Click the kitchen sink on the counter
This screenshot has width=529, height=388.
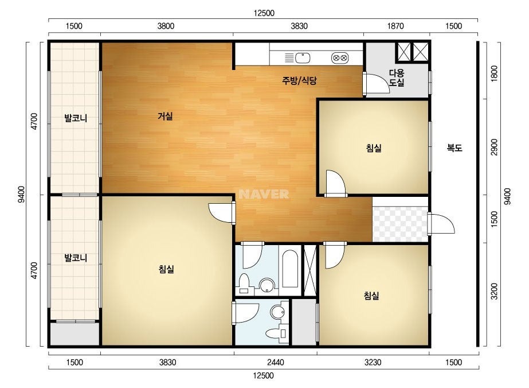click(303, 58)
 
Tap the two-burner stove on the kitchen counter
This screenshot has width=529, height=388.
click(340, 58)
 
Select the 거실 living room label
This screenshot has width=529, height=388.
click(165, 117)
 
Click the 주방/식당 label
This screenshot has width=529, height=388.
click(299, 80)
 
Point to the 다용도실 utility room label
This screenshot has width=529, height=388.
click(397, 77)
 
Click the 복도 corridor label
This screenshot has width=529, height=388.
click(454, 148)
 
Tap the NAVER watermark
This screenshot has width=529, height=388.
click(264, 194)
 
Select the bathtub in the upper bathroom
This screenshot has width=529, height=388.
click(290, 269)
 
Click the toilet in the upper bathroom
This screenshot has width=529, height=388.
click(244, 284)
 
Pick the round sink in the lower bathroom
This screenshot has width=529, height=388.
click(277, 312)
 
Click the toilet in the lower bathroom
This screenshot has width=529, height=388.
click(276, 332)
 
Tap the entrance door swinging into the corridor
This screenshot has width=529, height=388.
click(441, 224)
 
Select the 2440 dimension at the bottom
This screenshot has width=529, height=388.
click(275, 363)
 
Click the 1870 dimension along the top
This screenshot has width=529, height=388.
click(395, 26)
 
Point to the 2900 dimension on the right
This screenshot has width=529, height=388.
click(494, 147)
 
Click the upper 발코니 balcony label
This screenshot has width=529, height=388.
click(76, 118)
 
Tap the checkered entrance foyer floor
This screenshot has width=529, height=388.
click(400, 224)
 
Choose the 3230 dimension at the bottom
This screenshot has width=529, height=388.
click(373, 363)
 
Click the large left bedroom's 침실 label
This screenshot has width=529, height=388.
click(166, 269)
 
